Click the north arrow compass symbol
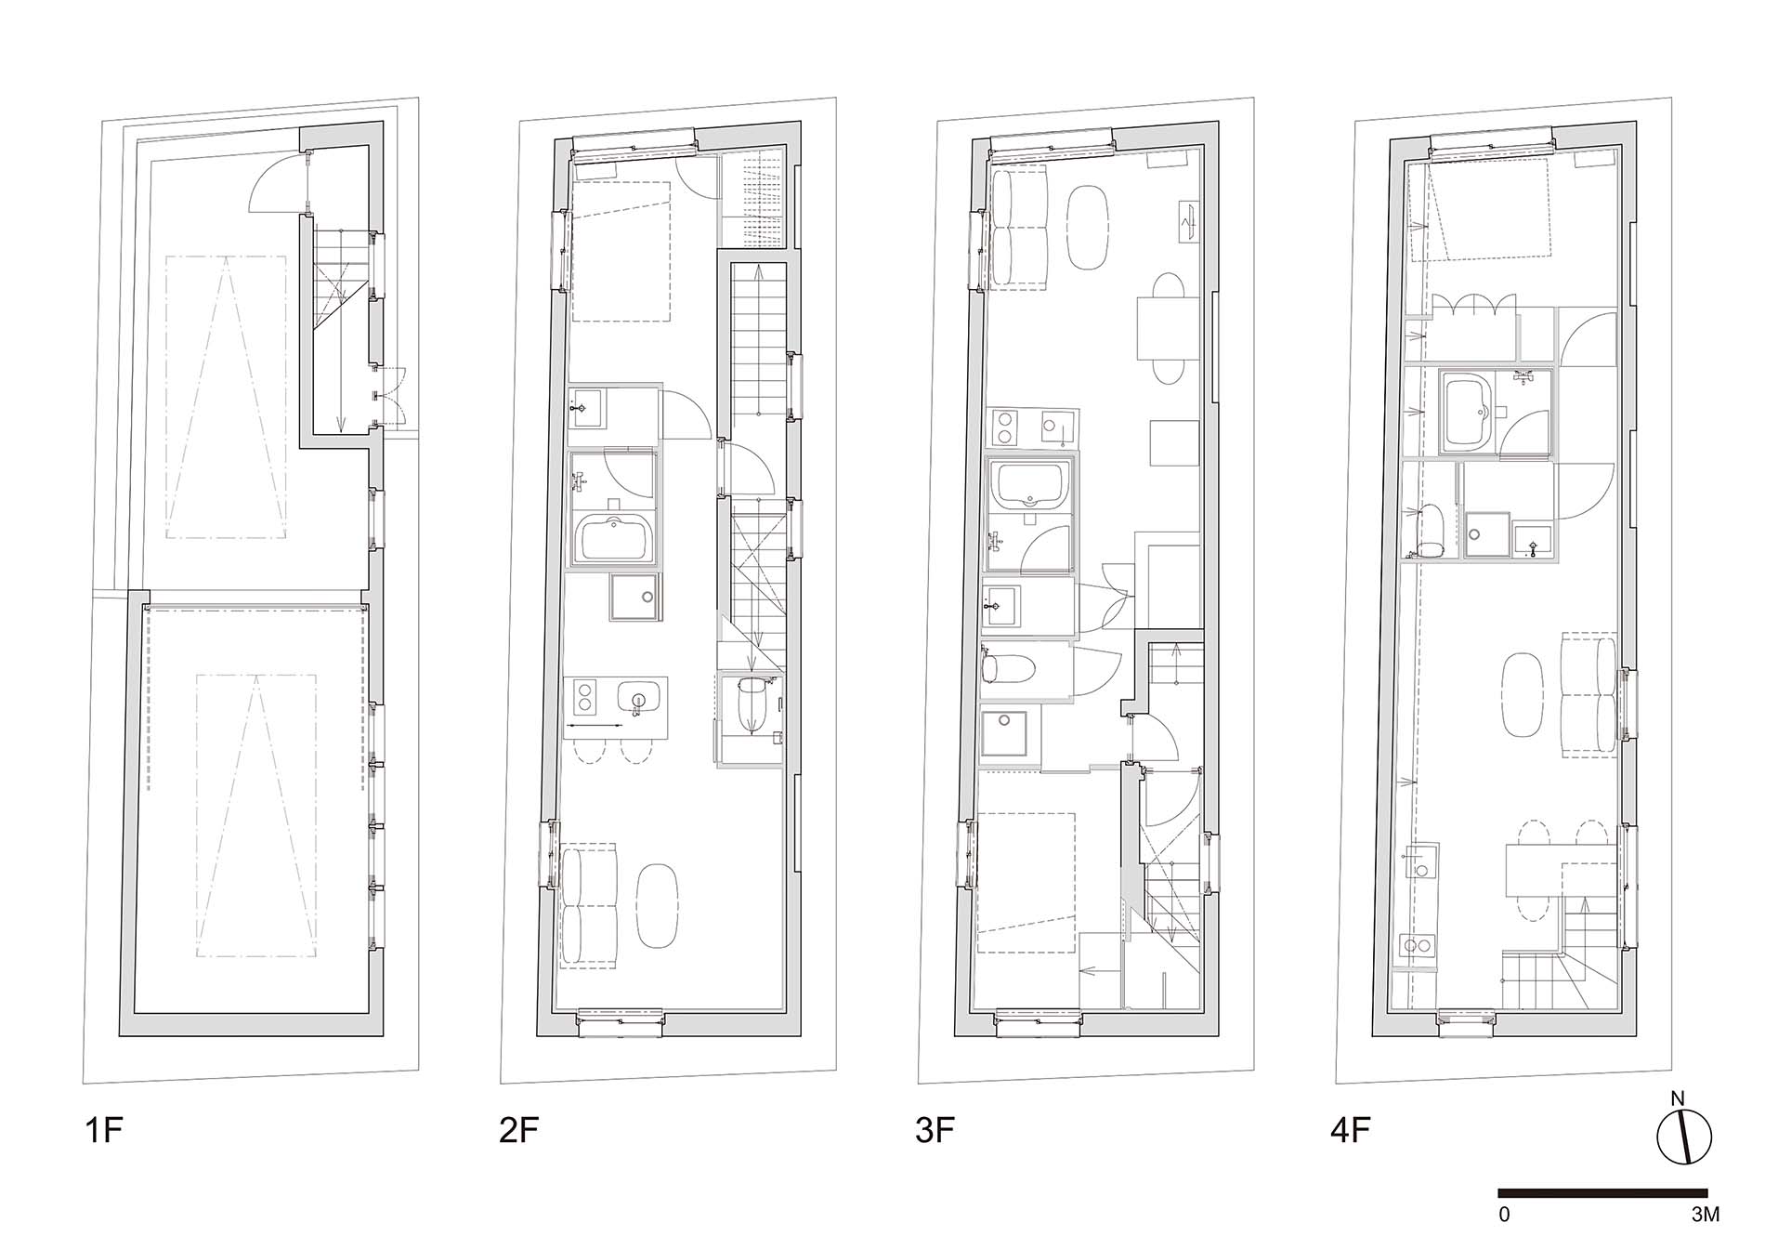1684,1136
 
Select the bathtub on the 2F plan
614,539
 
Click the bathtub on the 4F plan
1466,414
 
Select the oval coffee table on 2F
657,905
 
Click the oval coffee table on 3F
1087,229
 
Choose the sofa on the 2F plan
589,906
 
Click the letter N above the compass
1678,1098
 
